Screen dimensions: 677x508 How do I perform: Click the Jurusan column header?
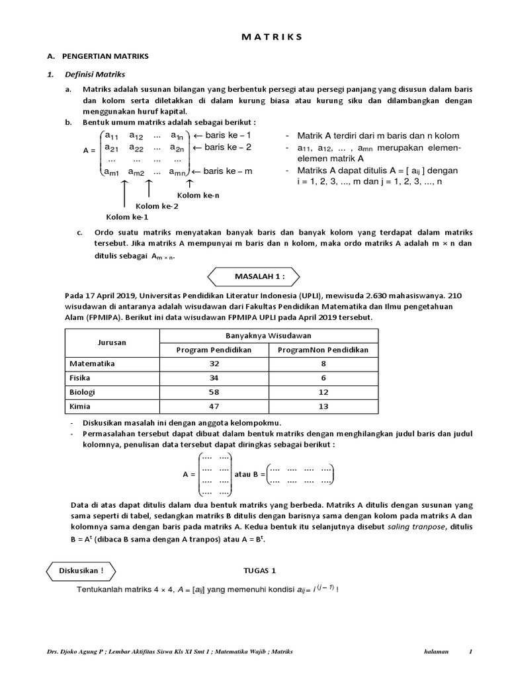pyautogui.click(x=112, y=342)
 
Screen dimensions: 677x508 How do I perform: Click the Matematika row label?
pyautogui.click(x=92, y=364)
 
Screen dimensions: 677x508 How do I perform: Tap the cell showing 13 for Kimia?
pyautogui.click(x=323, y=407)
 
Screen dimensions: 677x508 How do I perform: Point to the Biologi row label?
pyautogui.click(x=83, y=392)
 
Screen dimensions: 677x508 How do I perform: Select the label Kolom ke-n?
pyautogui.click(x=198, y=195)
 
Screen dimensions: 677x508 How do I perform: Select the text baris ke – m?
pyautogui.click(x=229, y=171)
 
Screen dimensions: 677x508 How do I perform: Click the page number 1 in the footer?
pyautogui.click(x=470, y=651)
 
